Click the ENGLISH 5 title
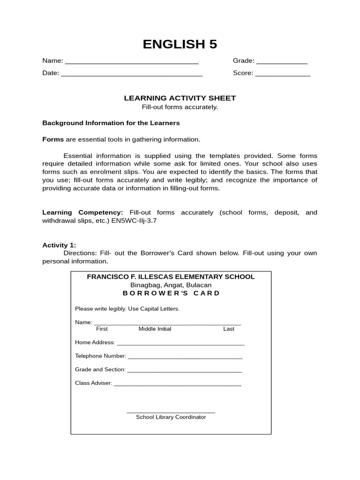pyautogui.click(x=180, y=44)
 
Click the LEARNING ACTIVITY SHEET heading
pyautogui.click(x=180, y=98)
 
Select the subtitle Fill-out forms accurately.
pyautogui.click(x=180, y=107)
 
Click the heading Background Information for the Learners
pyautogui.click(x=111, y=123)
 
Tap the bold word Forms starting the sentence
pyautogui.click(x=53, y=139)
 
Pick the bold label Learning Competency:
pyautogui.click(x=82, y=212)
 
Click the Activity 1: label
pyautogui.click(x=59, y=245)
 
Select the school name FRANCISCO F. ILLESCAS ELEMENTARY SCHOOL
pyautogui.click(x=171, y=277)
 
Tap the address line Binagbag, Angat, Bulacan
pyautogui.click(x=171, y=285)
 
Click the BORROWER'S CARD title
pyautogui.click(x=171, y=293)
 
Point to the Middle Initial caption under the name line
pyautogui.click(x=155, y=329)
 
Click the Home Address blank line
pyautogui.click(x=180, y=344)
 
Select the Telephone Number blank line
pyautogui.click(x=185, y=357)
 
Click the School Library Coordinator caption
pyautogui.click(x=171, y=417)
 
